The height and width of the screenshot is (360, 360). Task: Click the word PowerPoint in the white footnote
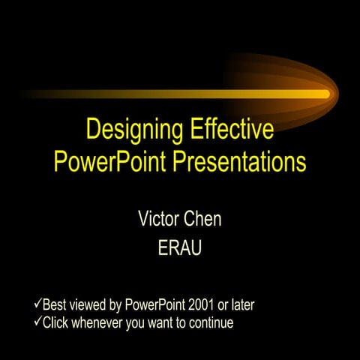(154, 305)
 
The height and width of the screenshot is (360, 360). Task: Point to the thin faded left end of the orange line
(30, 94)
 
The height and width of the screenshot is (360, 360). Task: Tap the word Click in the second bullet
(57, 324)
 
